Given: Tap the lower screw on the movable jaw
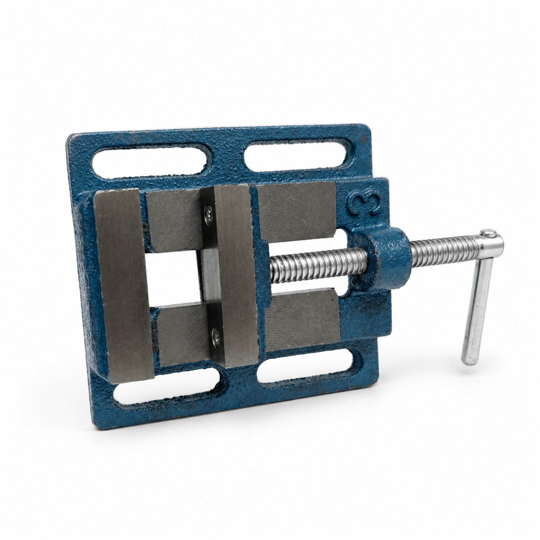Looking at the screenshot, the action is (x=216, y=336).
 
